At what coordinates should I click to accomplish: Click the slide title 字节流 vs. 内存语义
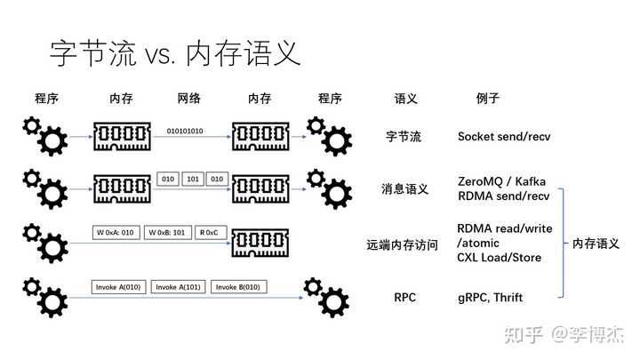175,53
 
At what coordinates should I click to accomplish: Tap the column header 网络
189,99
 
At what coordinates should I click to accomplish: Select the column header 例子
488,99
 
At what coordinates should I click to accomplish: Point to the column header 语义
405,99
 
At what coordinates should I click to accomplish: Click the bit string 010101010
185,131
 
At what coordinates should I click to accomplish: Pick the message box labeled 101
193,179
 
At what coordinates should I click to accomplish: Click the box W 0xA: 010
116,232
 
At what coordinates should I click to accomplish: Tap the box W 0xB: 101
167,232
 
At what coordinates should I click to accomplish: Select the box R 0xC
211,232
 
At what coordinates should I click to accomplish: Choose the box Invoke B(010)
238,287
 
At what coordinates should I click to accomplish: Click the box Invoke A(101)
178,287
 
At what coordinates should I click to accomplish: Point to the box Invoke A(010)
118,287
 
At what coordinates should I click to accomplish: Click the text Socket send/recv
504,136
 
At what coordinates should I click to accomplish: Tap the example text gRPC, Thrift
490,298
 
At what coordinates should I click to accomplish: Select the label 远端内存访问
402,245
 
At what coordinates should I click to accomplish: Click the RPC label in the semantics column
405,298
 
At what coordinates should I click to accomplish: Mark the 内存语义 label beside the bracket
596,244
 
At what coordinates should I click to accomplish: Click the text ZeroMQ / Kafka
501,181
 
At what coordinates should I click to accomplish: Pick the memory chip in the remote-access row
260,243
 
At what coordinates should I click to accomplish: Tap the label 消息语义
405,189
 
